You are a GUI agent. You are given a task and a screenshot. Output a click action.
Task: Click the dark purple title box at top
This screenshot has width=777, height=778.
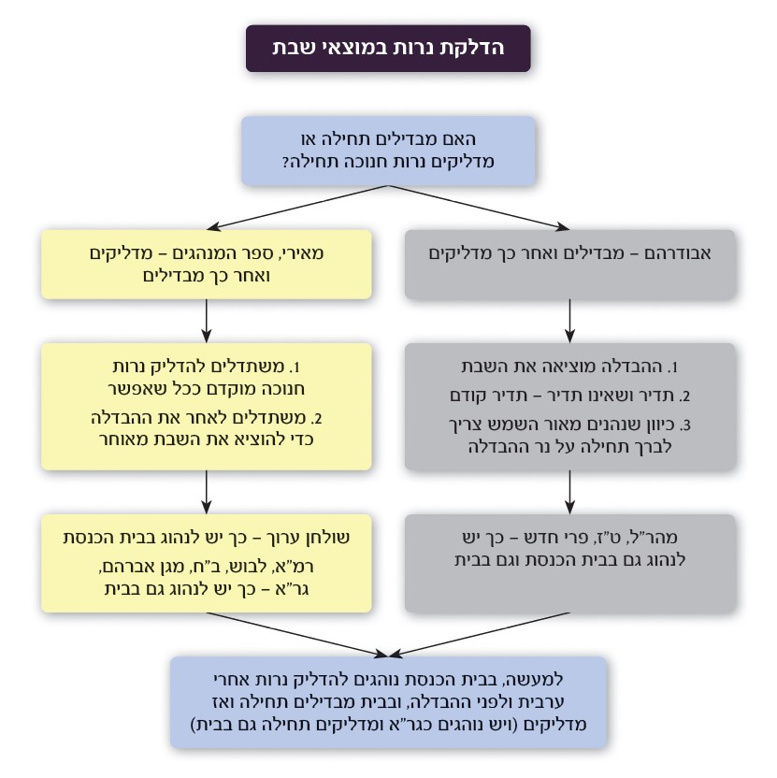(388, 49)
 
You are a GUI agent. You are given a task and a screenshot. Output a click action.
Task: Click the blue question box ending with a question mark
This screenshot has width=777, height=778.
(388, 150)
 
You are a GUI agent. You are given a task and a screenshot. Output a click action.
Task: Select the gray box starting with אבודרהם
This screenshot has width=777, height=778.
(569, 266)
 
